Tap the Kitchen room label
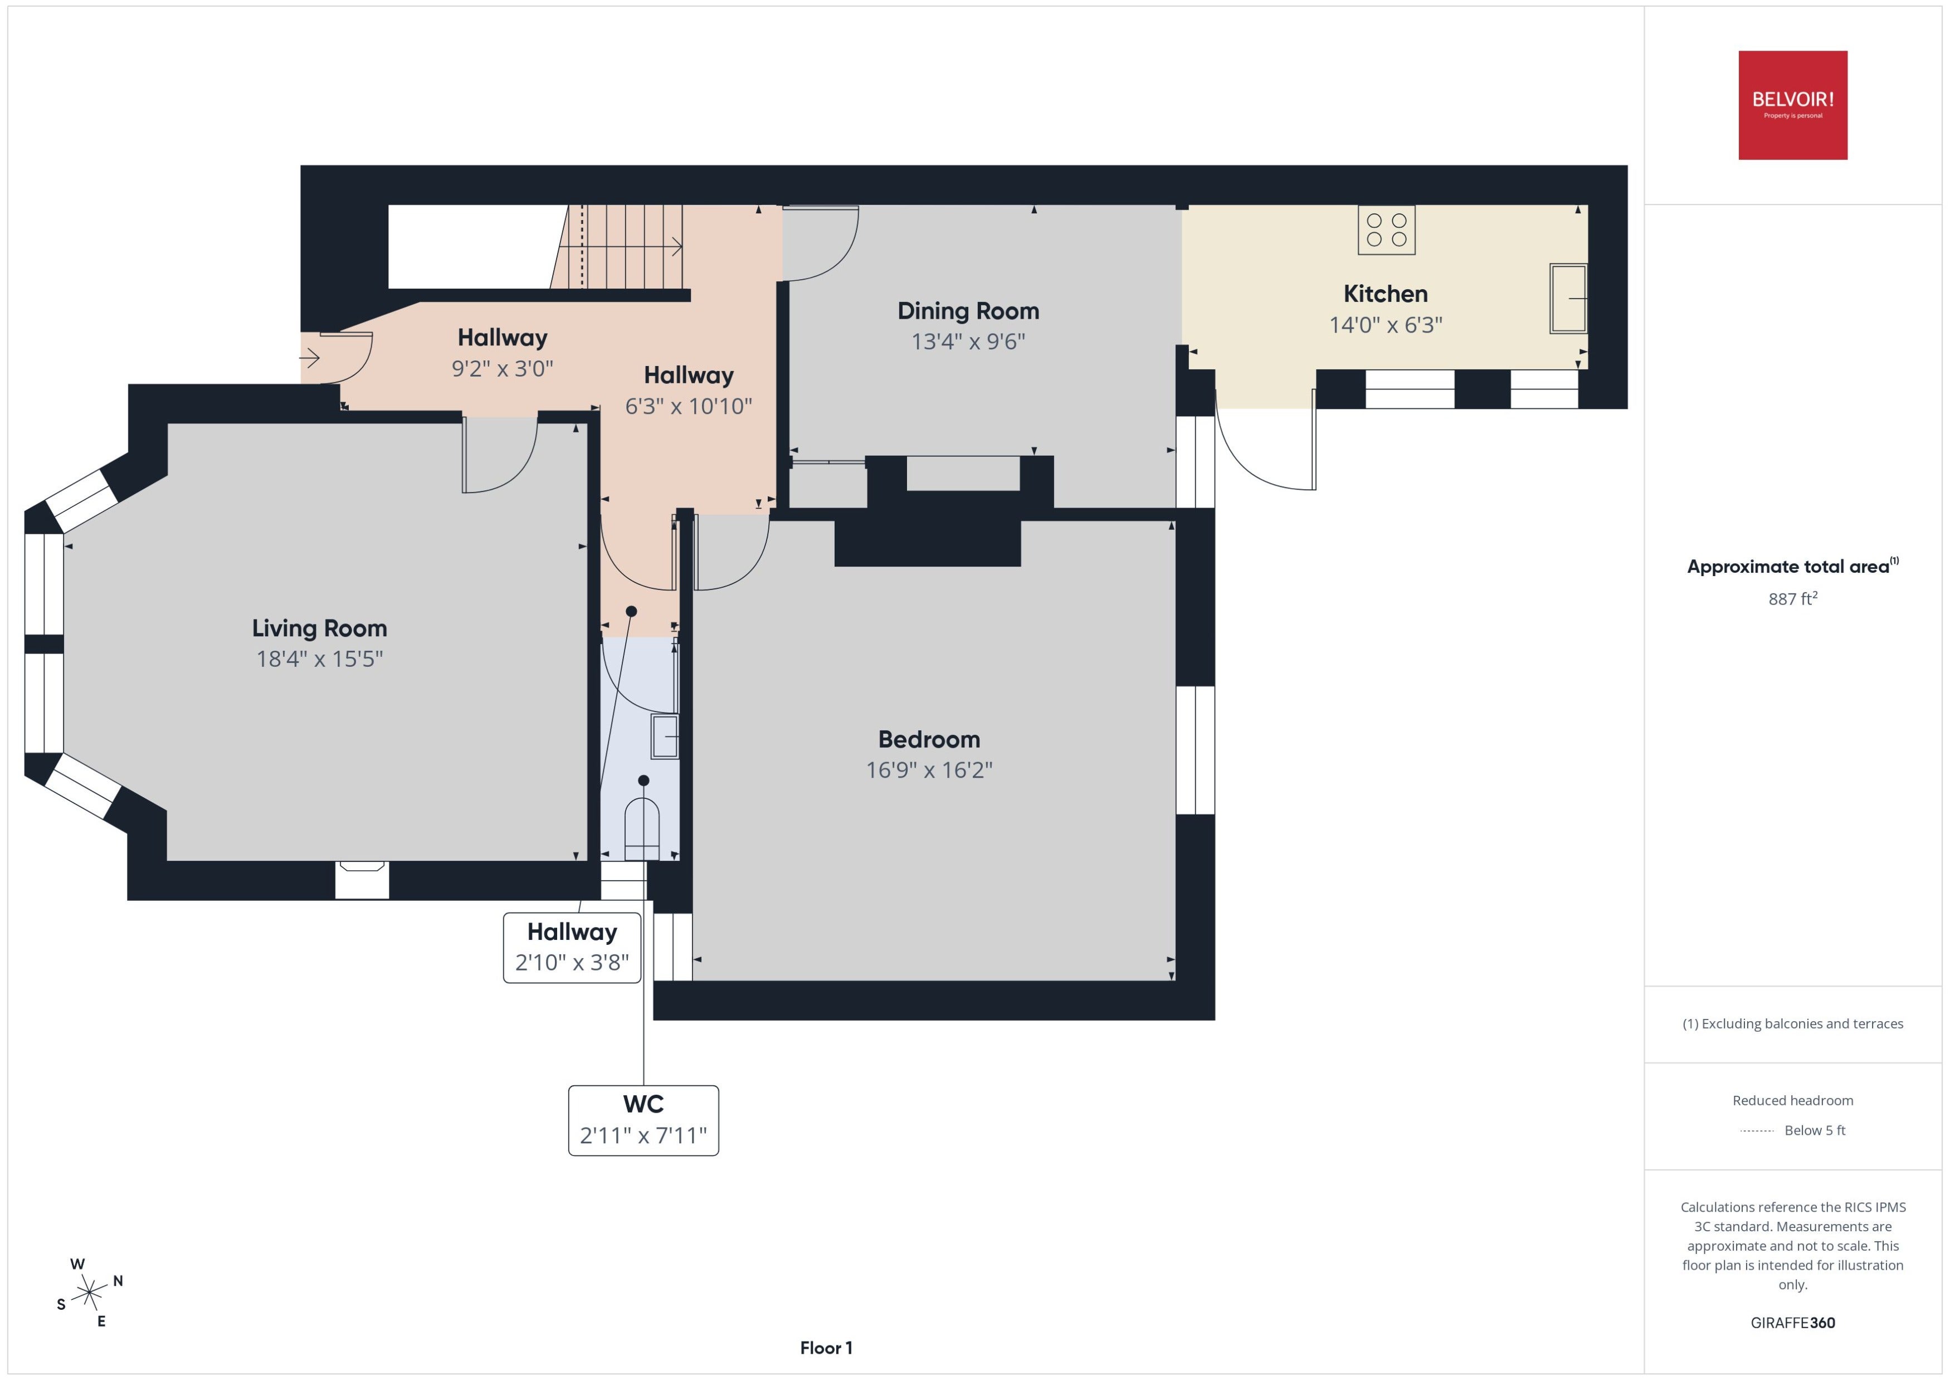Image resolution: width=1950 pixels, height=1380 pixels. coord(1385,294)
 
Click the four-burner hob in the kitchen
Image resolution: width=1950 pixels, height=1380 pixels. coord(1386,230)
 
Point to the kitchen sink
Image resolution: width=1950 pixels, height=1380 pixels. coord(1568,298)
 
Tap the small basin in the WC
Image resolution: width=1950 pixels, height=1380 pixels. coord(665,736)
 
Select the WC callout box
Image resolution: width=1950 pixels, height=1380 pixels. coord(643,1120)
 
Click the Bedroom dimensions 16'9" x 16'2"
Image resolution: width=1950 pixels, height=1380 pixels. coord(929,770)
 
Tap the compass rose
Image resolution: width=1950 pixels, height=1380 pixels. coord(89,1293)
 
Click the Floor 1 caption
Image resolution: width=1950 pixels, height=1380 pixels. coord(826,1348)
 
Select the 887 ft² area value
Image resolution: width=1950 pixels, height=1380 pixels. coord(1793,598)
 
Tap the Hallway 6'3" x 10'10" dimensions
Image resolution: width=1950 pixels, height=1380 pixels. coord(688,406)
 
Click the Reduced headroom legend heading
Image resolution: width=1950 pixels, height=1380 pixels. coord(1793,1100)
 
